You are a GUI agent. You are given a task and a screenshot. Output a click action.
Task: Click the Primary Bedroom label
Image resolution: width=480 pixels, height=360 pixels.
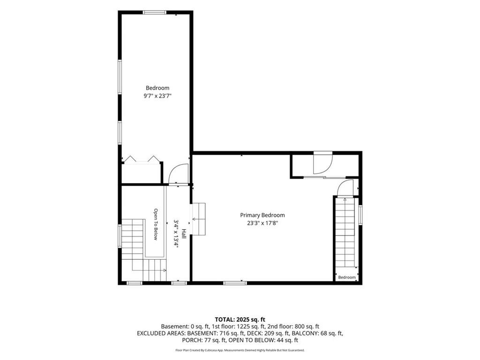pos(262,215)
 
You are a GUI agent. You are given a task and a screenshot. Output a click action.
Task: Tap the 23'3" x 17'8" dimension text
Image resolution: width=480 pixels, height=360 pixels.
pos(262,223)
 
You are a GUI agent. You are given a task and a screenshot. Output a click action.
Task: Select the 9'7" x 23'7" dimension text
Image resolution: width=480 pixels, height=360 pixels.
pos(157,96)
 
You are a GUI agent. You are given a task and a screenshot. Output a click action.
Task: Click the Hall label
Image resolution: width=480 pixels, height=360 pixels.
pos(184,234)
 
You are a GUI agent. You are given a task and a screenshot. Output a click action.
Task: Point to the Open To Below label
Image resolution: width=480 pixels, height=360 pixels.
pos(156,225)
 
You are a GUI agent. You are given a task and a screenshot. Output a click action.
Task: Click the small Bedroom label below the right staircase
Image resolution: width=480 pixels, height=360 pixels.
pos(347,277)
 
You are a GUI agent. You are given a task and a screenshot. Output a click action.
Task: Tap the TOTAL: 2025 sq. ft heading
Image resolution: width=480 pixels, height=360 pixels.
pos(240,320)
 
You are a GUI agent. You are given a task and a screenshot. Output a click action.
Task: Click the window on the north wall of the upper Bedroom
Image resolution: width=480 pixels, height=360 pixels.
pos(155,13)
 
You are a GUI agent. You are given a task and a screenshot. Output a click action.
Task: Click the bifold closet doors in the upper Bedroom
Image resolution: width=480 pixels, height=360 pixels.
pos(141,159)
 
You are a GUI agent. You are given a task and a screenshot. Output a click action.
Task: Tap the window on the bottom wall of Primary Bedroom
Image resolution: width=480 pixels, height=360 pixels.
pos(235,283)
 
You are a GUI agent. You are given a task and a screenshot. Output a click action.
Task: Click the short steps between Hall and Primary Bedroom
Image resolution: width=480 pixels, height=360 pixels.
pos(198,218)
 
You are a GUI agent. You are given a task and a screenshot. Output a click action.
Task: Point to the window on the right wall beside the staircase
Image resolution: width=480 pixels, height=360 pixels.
pos(360,215)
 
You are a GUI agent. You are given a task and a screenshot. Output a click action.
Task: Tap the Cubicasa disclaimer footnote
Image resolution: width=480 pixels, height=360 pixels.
pos(240,350)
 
